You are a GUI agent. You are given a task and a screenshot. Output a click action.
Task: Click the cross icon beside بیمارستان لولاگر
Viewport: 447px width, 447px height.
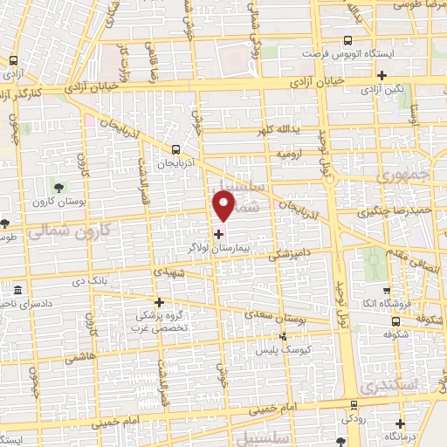pos(218,234)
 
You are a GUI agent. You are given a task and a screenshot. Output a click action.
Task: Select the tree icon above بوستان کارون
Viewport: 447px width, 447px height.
pos(58,186)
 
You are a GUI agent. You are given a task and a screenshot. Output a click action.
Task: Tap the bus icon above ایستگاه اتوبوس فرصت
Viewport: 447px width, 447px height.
pos(348,40)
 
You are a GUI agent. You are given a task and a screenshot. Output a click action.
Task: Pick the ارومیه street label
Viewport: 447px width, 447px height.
pos(289,153)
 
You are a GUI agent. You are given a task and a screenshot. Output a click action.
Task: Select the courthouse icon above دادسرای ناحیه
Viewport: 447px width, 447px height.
pos(18,289)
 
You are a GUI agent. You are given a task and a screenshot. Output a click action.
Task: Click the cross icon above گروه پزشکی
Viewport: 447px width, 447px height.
pos(158,302)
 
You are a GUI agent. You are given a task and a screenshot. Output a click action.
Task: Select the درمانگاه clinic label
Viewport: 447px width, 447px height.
pos(402,435)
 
